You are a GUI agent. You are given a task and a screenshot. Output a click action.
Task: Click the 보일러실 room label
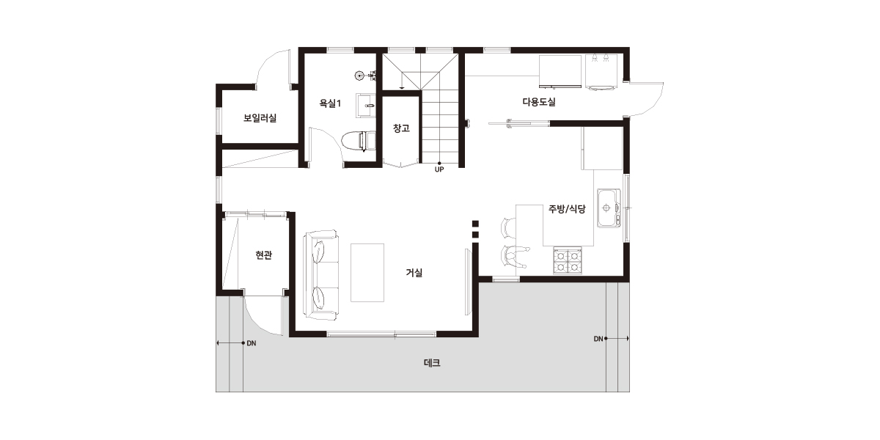pyautogui.click(x=260, y=118)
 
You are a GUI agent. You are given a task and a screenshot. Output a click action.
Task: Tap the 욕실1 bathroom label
pyautogui.click(x=329, y=103)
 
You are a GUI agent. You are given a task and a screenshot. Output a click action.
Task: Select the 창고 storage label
pyautogui.click(x=401, y=128)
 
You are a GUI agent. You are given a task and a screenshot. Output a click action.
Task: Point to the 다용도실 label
pyautogui.click(x=539, y=102)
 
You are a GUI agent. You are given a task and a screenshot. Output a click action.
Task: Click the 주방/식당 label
pyautogui.click(x=567, y=208)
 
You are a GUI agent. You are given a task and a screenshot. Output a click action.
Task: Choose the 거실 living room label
pyautogui.click(x=414, y=273)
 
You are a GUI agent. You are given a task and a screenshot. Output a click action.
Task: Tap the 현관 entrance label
pyautogui.click(x=263, y=255)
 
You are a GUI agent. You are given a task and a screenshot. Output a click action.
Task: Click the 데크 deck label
pyautogui.click(x=432, y=363)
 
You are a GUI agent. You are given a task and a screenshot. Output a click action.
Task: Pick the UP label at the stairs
pyautogui.click(x=439, y=169)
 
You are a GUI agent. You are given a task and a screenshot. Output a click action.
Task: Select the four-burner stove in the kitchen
pyautogui.click(x=568, y=260)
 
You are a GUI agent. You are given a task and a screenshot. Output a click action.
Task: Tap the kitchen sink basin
pyautogui.click(x=609, y=208)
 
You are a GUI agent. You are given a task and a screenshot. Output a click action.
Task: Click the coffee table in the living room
pyautogui.click(x=367, y=273)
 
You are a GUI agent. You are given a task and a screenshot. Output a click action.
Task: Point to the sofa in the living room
pyautogui.click(x=321, y=275)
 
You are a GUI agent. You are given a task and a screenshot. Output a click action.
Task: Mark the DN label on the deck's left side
pyautogui.click(x=252, y=343)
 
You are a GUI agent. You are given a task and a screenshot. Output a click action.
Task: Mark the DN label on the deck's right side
pyautogui.click(x=598, y=339)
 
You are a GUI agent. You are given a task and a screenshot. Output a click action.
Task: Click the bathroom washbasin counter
pyautogui.click(x=366, y=106)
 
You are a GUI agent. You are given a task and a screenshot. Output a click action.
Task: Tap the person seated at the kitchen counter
pyautogui.click(x=516, y=257)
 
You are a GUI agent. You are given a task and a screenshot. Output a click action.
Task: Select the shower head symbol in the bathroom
pyautogui.click(x=359, y=76)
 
